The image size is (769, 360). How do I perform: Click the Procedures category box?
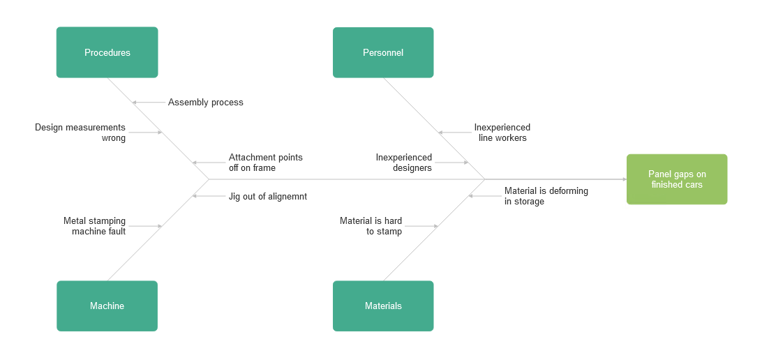point(107,52)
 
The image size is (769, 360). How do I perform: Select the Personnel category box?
point(383,52)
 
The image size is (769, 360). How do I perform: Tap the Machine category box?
point(107,306)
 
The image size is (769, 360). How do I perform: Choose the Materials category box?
point(383,306)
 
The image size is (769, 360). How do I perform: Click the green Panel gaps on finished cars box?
point(676,179)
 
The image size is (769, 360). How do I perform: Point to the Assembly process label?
point(205,103)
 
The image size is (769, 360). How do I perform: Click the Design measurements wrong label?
point(80,133)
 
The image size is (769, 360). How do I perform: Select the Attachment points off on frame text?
point(265,163)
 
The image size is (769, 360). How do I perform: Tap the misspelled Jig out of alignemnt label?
point(267,197)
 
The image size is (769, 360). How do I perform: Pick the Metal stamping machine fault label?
point(94,226)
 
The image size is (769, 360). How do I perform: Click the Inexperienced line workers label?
point(502,133)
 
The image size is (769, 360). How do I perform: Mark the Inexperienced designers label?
point(403,163)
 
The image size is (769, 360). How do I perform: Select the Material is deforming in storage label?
point(546,196)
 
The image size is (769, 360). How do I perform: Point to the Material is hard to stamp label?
point(371,226)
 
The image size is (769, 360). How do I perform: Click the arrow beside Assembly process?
point(149,103)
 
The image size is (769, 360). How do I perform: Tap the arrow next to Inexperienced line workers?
point(454,133)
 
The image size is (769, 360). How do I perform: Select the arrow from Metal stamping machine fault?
point(146,226)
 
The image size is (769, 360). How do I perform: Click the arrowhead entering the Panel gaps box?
point(623,179)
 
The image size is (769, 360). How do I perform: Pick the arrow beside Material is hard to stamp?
point(421,226)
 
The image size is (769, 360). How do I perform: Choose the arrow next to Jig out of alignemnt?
point(209,197)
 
